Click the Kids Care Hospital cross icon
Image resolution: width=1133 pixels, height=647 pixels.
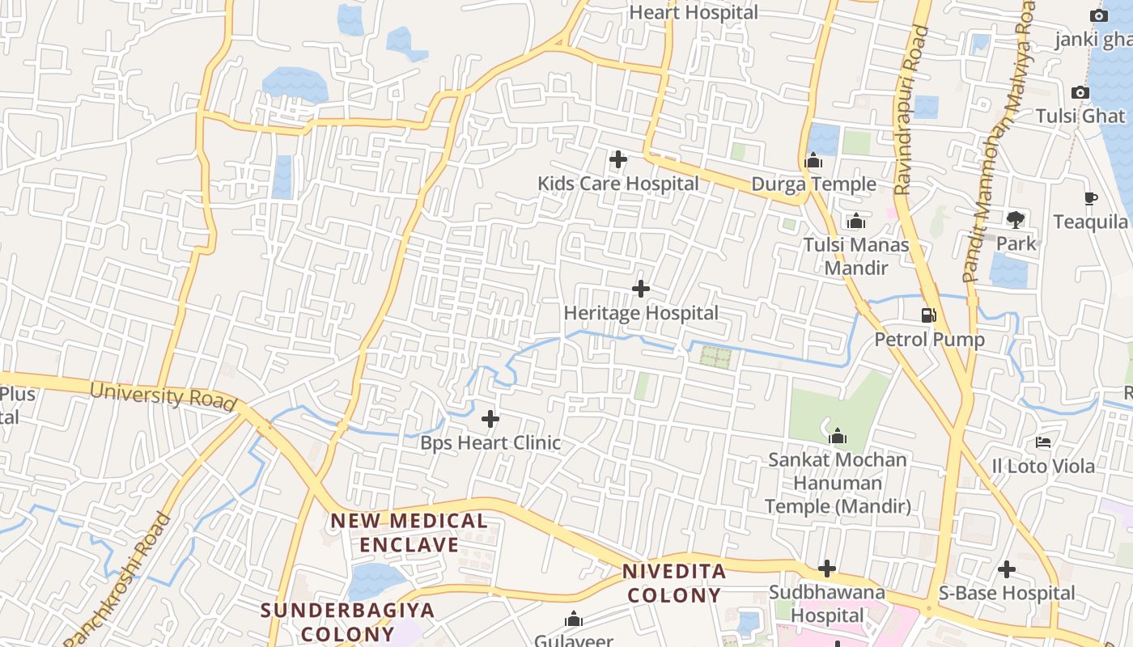[x=618, y=159]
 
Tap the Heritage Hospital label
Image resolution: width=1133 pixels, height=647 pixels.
[x=641, y=313]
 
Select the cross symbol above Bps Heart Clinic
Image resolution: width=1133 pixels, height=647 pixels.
[x=490, y=419]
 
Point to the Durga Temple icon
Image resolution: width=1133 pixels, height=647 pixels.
[x=814, y=161]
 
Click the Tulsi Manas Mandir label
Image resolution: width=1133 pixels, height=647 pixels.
[x=856, y=256]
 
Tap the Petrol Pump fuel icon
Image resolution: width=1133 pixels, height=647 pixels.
[x=929, y=315]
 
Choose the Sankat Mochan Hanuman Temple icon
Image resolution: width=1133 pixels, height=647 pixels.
[x=838, y=437]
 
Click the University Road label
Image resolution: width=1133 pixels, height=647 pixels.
[x=163, y=395]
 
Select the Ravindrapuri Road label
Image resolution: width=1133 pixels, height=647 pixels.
[x=911, y=110]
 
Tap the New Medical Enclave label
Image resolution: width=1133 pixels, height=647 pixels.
[x=409, y=532]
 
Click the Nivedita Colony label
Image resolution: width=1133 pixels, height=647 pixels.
[x=673, y=583]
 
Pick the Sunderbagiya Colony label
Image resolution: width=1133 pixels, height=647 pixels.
[x=348, y=621]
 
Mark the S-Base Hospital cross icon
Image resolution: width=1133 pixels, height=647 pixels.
[x=1007, y=569]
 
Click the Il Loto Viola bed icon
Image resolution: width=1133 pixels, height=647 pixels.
[x=1044, y=442]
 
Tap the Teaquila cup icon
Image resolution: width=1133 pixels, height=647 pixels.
[x=1091, y=198]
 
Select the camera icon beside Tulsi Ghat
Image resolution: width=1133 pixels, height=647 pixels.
[x=1080, y=93]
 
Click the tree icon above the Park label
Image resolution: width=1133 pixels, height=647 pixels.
[x=1016, y=219]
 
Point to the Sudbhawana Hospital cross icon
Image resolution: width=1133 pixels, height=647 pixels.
[x=827, y=568]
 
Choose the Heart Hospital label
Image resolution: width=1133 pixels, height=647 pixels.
[x=694, y=12]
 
